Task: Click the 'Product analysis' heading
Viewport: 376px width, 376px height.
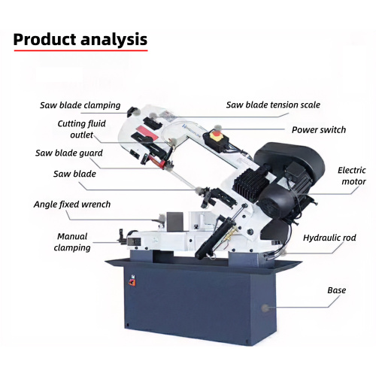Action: pyautogui.click(x=80, y=39)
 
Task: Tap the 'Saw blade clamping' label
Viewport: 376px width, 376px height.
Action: pyautogui.click(x=80, y=105)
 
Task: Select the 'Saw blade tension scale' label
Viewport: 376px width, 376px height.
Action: pyautogui.click(x=273, y=105)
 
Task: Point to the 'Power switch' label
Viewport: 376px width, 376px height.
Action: pyautogui.click(x=319, y=130)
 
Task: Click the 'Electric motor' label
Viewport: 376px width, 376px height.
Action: pyautogui.click(x=352, y=176)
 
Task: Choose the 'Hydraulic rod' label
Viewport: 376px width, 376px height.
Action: pyautogui.click(x=329, y=238)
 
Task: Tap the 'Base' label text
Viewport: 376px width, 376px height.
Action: pyautogui.click(x=336, y=290)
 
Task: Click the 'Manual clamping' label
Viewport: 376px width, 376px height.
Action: pyautogui.click(x=72, y=242)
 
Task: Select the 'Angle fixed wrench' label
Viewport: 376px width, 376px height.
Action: pyautogui.click(x=72, y=205)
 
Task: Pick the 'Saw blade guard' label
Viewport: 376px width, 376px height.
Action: pyautogui.click(x=69, y=153)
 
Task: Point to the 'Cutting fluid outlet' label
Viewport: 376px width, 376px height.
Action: pyautogui.click(x=81, y=129)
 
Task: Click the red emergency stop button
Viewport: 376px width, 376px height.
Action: pyautogui.click(x=216, y=135)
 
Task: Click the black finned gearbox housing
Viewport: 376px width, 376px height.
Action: pyautogui.click(x=250, y=182)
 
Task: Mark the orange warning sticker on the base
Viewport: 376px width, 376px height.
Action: pyautogui.click(x=132, y=282)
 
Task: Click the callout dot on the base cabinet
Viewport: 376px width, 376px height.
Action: pyautogui.click(x=265, y=308)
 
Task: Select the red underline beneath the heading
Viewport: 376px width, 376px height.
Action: pyautogui.click(x=80, y=50)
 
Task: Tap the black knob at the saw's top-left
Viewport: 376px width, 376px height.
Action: pyautogui.click(x=132, y=111)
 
